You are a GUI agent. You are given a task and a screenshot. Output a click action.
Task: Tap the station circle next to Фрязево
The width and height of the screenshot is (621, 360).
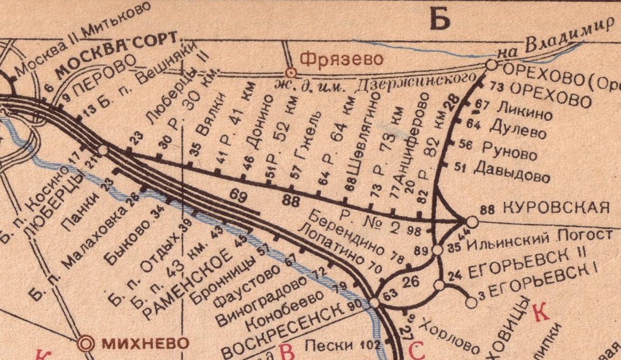tap(292, 72)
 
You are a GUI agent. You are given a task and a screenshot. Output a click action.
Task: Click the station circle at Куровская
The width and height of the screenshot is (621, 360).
tap(472, 220)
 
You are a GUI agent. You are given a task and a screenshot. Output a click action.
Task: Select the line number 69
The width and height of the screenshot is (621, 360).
tap(238, 197)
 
